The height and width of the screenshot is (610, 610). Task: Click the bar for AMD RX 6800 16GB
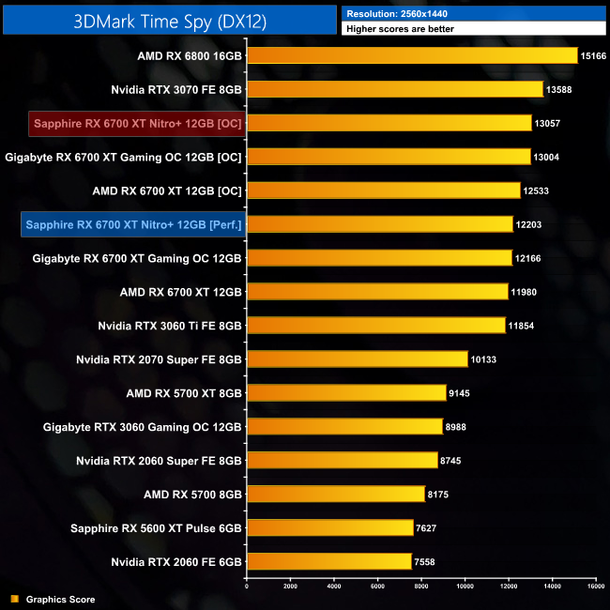(x=412, y=55)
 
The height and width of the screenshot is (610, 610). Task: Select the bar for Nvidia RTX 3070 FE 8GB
(x=395, y=89)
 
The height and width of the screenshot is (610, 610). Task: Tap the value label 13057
(x=550, y=123)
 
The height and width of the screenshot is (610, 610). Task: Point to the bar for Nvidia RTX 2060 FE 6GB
(x=329, y=561)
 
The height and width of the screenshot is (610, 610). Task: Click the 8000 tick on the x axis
(x=420, y=587)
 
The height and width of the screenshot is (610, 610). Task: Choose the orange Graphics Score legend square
(x=14, y=599)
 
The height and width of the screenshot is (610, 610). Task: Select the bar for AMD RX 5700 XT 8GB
(x=346, y=392)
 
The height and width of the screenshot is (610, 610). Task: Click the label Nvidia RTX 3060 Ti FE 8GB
(x=170, y=326)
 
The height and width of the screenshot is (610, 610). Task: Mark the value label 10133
(x=484, y=359)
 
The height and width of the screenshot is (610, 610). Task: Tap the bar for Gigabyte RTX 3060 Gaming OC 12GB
(x=344, y=426)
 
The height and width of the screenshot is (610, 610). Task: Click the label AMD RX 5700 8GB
(x=192, y=494)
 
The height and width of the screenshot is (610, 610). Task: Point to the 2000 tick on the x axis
(x=290, y=587)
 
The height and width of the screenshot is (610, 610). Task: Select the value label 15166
(x=594, y=55)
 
